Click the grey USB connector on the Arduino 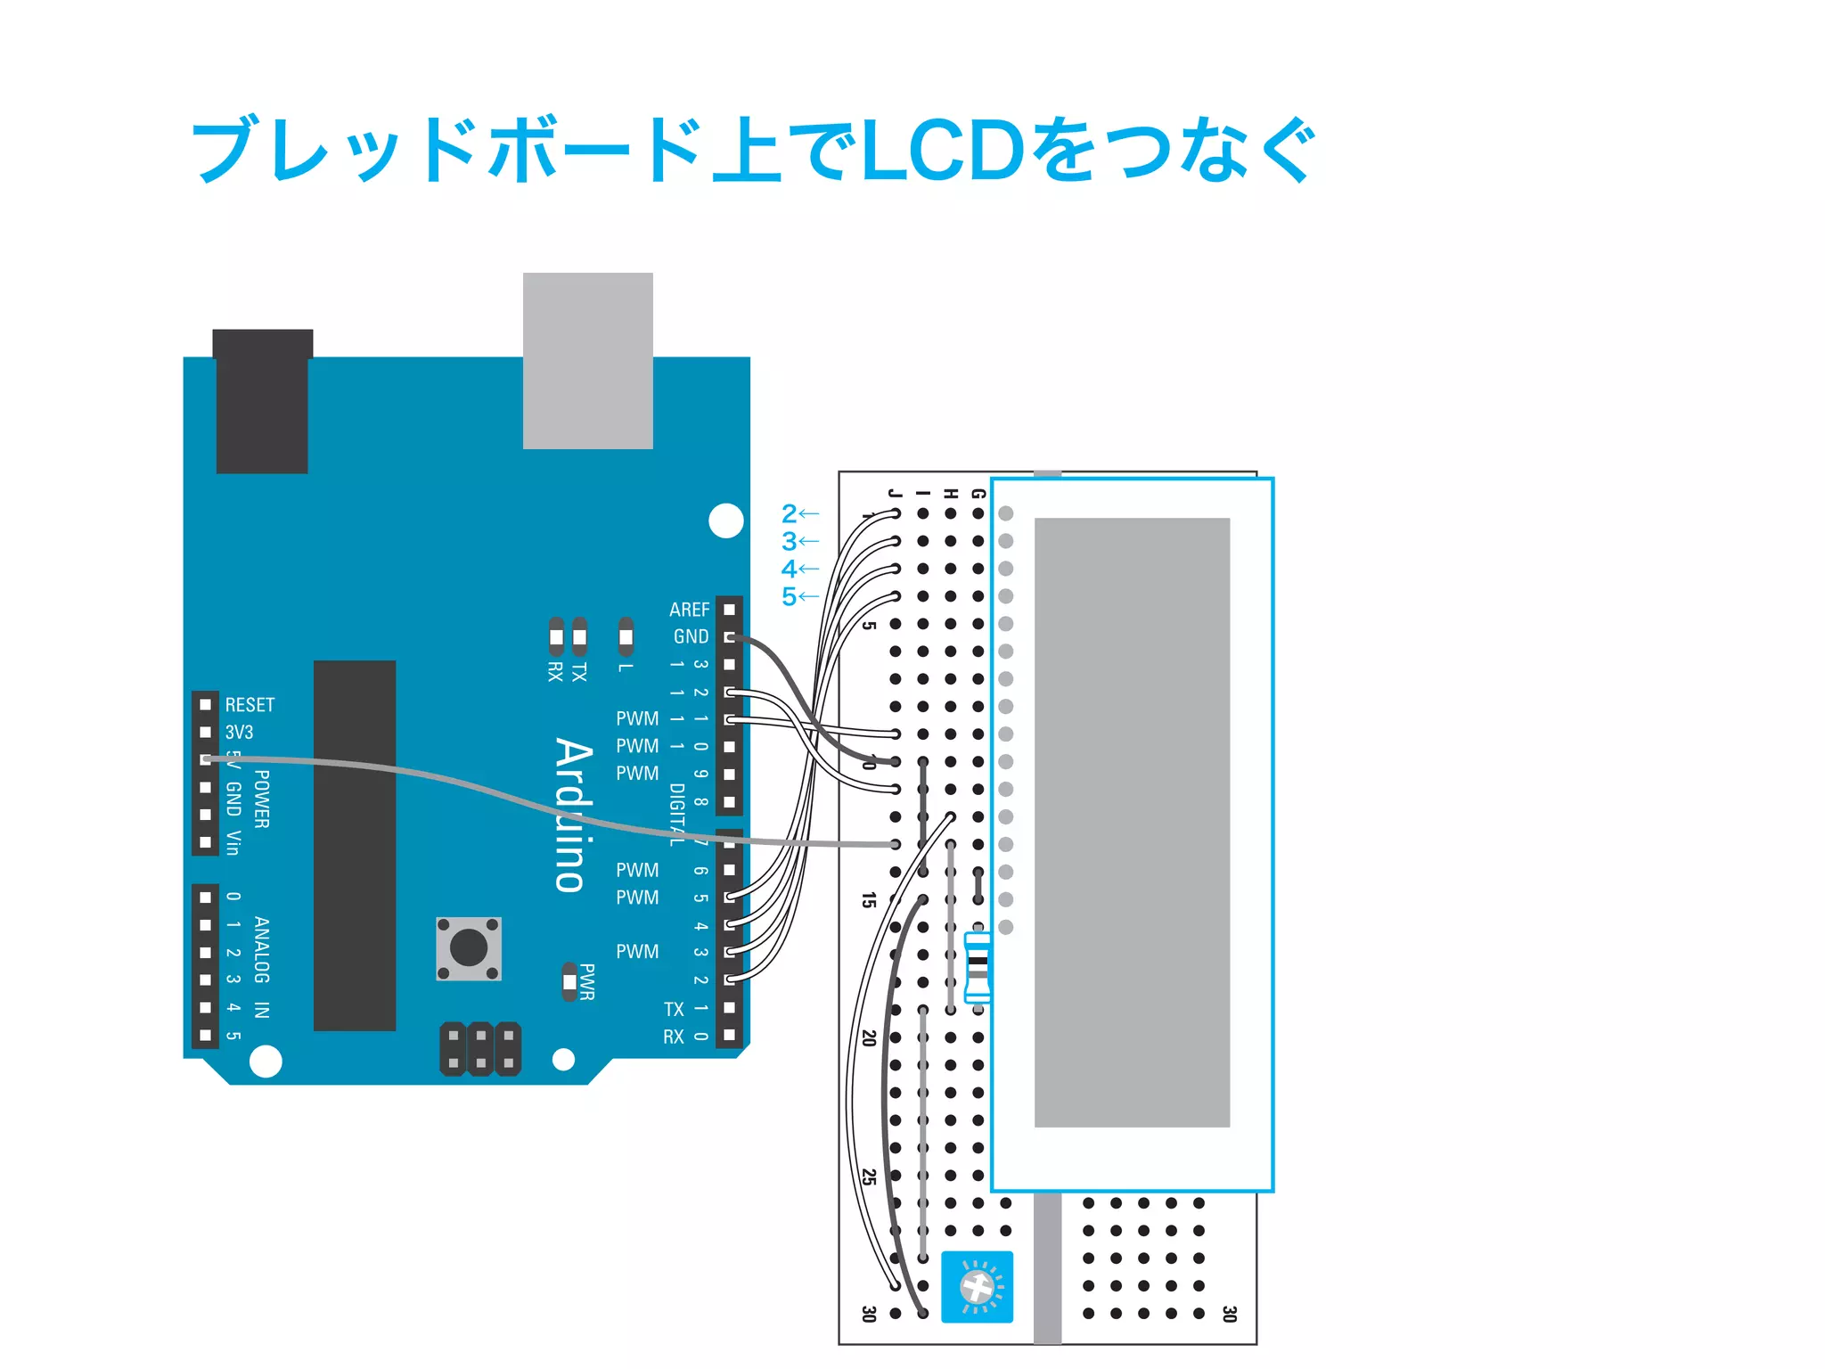pos(587,360)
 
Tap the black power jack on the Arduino pos(262,401)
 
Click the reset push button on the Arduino pos(469,947)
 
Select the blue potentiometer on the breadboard pos(977,1286)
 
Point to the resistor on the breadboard pos(978,967)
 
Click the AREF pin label pos(689,610)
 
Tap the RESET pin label pos(250,705)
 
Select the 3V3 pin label pos(239,733)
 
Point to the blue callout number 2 pos(789,513)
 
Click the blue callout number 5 pos(789,596)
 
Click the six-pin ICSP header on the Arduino pos(480,1049)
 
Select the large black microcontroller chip pos(355,845)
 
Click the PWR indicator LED pos(569,982)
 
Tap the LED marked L pos(626,636)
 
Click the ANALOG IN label pos(261,967)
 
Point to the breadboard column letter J pos(895,493)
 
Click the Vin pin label pos(233,842)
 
